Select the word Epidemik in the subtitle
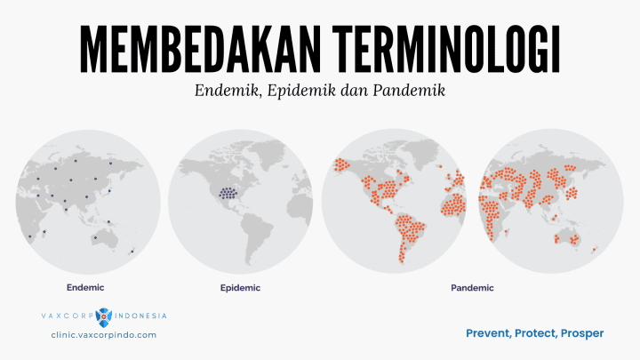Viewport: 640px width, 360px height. [x=298, y=91]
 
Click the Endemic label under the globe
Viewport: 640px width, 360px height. [x=85, y=287]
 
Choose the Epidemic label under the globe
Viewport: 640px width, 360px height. [x=239, y=288]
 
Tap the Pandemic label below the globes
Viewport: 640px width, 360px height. [x=471, y=288]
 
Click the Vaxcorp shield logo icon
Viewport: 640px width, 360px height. [x=105, y=316]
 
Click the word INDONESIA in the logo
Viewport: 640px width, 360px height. [x=140, y=316]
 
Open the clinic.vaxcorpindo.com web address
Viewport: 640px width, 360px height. [x=104, y=334]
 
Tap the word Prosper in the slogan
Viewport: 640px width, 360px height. [x=582, y=333]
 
